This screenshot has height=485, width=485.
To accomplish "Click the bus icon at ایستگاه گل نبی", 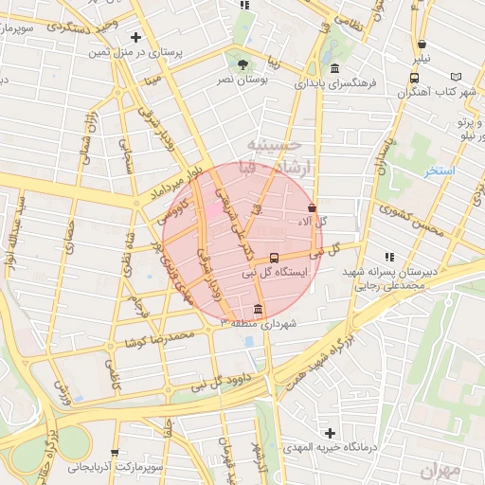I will (274, 257).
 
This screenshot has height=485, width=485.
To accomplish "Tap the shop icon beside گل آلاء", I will (313, 207).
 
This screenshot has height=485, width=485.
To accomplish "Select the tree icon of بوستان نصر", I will (244, 64).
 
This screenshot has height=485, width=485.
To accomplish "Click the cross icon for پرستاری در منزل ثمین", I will (135, 38).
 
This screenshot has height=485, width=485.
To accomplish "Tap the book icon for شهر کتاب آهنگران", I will (458, 76).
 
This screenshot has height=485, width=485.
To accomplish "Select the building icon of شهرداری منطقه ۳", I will (259, 309).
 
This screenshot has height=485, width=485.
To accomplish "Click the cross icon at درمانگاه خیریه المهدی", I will (329, 432).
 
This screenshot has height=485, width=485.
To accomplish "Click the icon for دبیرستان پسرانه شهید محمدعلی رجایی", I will (388, 256).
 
